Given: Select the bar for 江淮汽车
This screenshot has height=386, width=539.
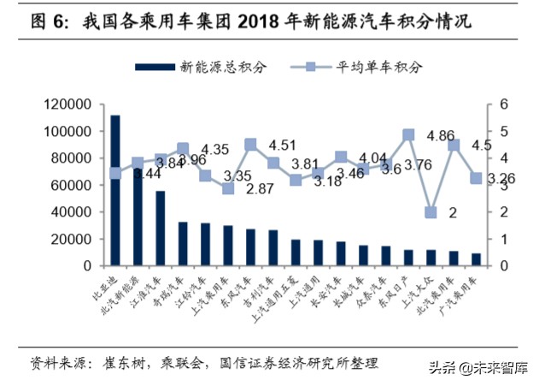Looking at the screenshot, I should click(x=161, y=228).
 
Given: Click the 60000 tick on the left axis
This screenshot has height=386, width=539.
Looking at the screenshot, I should click(x=71, y=185).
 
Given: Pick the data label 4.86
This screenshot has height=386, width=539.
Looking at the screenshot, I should click(x=440, y=136).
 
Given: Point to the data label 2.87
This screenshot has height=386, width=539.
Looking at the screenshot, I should click(x=261, y=188).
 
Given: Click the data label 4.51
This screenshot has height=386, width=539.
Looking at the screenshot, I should click(x=282, y=145).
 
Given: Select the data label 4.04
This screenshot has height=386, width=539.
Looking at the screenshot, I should click(x=373, y=158).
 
